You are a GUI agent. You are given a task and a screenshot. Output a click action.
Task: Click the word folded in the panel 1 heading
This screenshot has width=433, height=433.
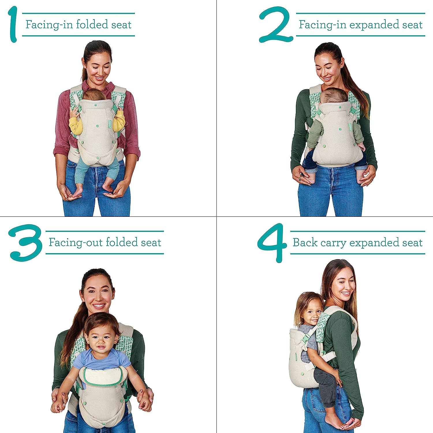pyautogui.click(x=92, y=24)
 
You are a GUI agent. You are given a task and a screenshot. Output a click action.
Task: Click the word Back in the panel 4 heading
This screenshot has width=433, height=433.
pyautogui.click(x=305, y=242)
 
